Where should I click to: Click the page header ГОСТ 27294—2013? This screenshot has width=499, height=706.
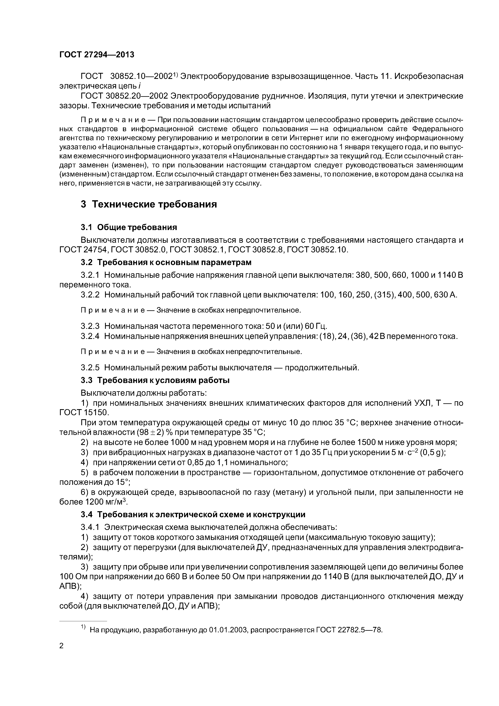tap(97, 55)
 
